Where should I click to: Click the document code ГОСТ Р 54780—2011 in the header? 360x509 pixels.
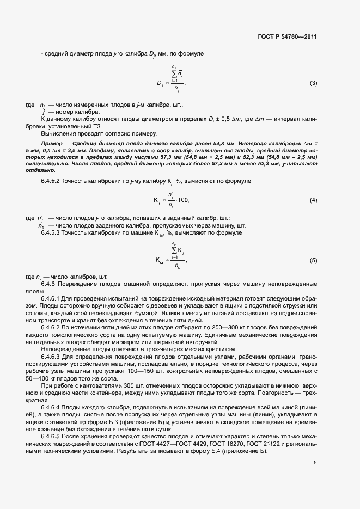pyautogui.click(x=287, y=36)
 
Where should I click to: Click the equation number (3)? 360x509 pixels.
pyautogui.click(x=313, y=83)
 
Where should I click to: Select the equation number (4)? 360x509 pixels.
pyautogui.click(x=313, y=200)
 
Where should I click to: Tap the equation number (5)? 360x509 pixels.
pyautogui.click(x=313, y=261)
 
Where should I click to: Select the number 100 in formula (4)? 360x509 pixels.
pyautogui.click(x=182, y=201)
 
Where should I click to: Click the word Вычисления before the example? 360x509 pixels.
pyautogui.click(x=59, y=133)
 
